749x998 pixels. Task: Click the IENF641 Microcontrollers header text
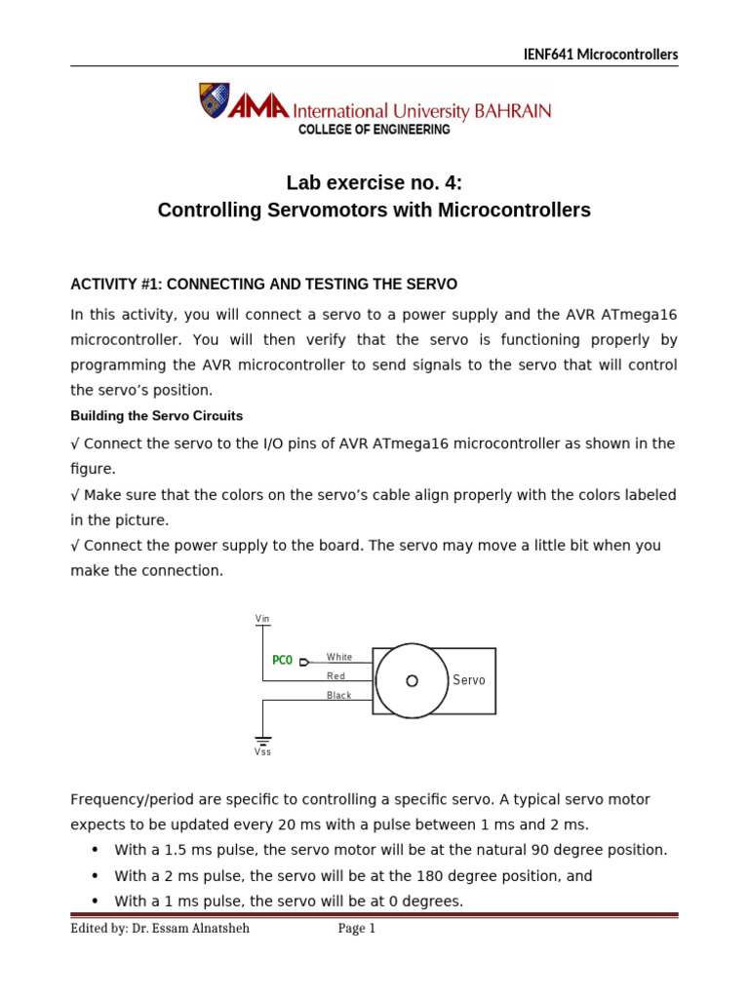tap(600, 55)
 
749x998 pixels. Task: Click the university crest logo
tap(214, 100)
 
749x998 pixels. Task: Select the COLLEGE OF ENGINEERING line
tap(374, 130)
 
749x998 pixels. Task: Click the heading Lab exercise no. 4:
tap(374, 182)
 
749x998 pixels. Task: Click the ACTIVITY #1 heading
tap(263, 284)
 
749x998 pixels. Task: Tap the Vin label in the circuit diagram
tap(262, 619)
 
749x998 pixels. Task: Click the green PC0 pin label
tap(282, 661)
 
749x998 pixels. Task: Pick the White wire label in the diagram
tap(339, 657)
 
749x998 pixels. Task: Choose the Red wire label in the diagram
tap(335, 675)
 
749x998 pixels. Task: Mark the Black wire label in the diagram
tap(338, 695)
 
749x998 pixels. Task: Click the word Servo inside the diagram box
tap(469, 680)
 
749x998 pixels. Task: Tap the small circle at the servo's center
tap(412, 680)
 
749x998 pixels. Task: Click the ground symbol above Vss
tap(262, 740)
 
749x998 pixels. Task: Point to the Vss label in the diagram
tap(262, 752)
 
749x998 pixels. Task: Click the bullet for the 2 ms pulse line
tap(96, 876)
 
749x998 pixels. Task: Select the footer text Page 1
tap(357, 929)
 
